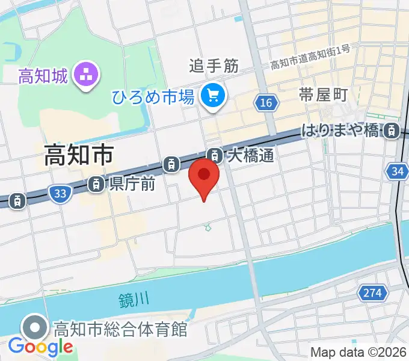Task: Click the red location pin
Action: pos(204,176)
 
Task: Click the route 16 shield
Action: pos(266,103)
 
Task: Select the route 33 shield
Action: pos(59,193)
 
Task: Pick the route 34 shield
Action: pos(397,172)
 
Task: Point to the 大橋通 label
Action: pos(251,156)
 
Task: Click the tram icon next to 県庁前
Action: pos(96,184)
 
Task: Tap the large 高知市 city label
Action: pos(78,156)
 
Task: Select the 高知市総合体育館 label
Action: pos(121,330)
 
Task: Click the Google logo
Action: pos(40,347)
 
